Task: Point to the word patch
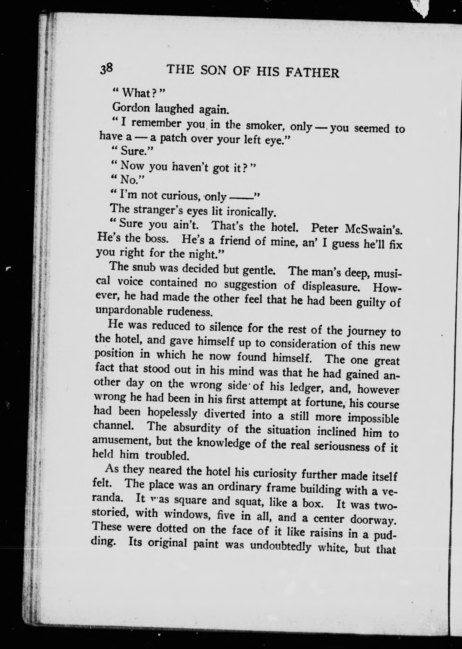pyautogui.click(x=173, y=138)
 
